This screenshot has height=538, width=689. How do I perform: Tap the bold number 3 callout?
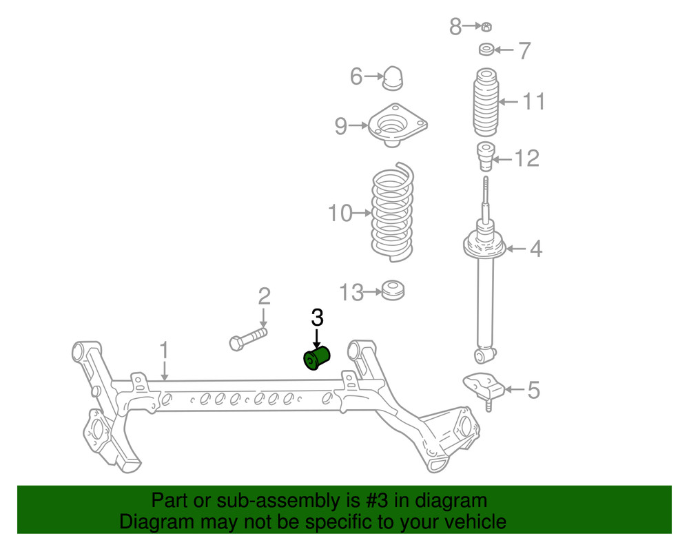[x=316, y=318]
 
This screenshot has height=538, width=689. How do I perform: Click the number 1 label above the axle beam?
[x=164, y=351]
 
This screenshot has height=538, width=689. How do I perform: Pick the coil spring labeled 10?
[x=392, y=213]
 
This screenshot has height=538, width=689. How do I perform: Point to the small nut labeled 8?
[x=486, y=27]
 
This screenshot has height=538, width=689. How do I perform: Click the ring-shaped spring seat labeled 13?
[x=393, y=291]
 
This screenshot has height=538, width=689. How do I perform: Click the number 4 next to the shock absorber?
[x=535, y=249]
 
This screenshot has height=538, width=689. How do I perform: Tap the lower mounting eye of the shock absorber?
[x=486, y=355]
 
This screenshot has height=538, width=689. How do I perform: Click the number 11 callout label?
[x=533, y=102]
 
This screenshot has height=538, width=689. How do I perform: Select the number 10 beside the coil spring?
[x=340, y=214]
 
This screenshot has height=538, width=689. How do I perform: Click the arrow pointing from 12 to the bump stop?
[x=502, y=160]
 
